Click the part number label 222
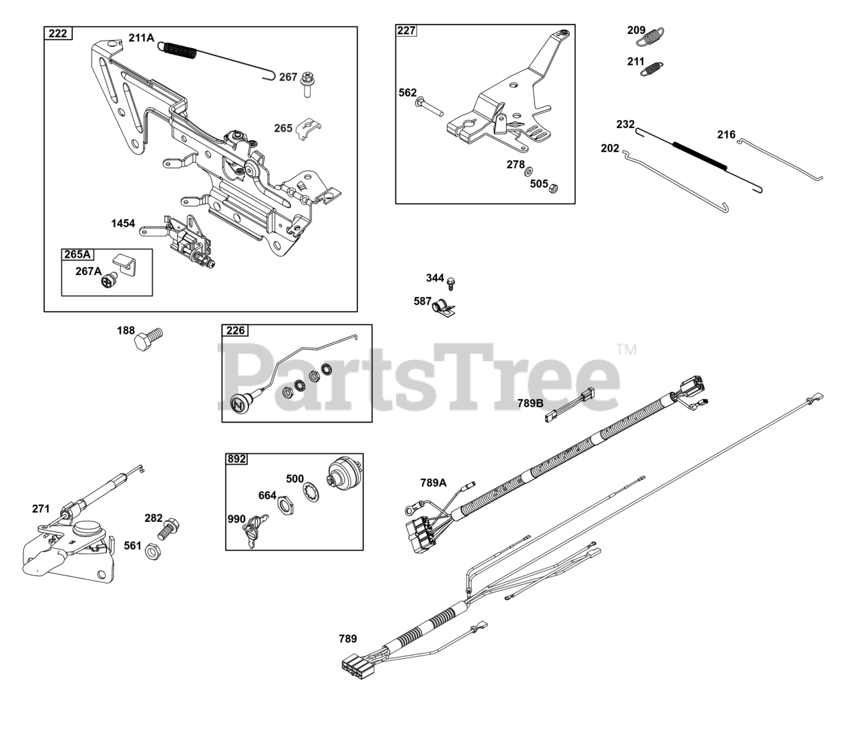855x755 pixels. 58,33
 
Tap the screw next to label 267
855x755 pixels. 308,83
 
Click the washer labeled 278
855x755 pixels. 529,172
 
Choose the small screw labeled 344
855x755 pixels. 450,282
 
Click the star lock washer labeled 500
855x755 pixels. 312,494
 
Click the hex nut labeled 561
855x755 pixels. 152,551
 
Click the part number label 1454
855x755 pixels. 123,224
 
